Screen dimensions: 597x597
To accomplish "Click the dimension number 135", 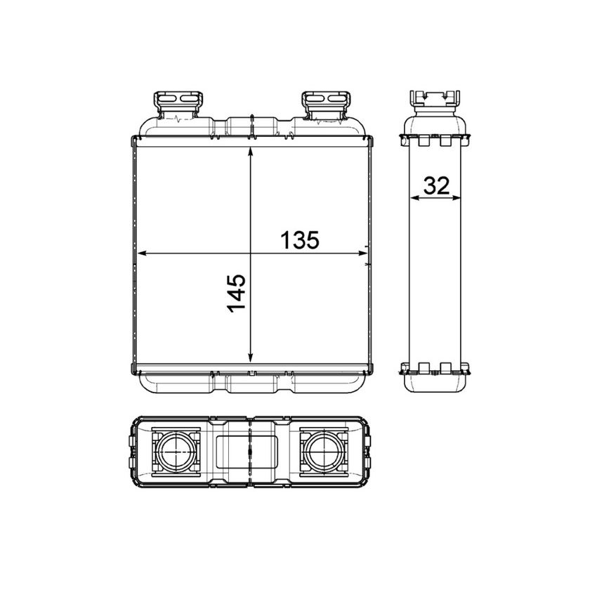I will (x=300, y=240).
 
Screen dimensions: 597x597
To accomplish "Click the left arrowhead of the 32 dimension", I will (x=414, y=198).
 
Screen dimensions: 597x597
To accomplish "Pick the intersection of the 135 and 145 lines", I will (x=251, y=253).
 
